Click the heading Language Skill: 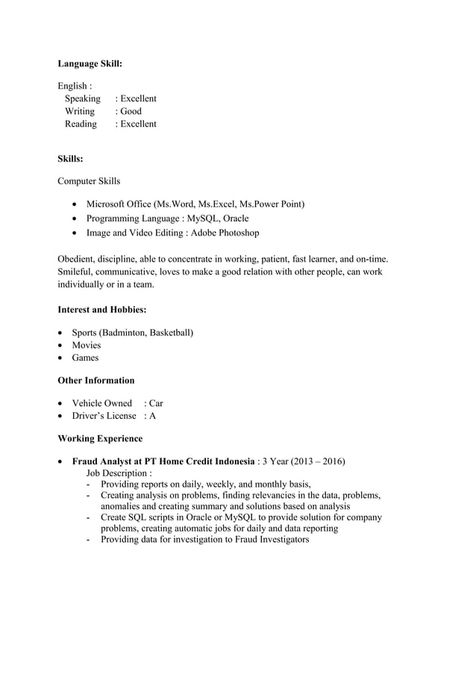(x=90, y=64)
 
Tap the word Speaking (x=82, y=98)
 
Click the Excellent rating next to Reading (x=138, y=124)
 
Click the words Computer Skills (x=89, y=181)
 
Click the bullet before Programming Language (x=74, y=219)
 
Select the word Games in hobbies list (x=85, y=358)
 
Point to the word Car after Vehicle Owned (x=156, y=403)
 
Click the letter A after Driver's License (x=152, y=416)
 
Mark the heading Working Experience (x=100, y=438)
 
